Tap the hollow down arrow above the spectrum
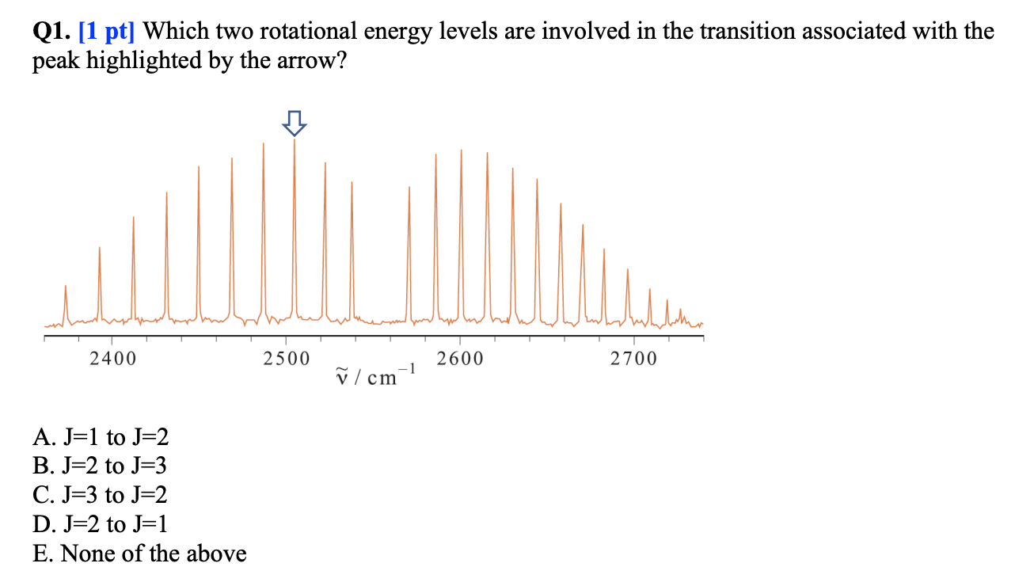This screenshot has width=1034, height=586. [295, 122]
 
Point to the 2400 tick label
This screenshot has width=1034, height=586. [112, 359]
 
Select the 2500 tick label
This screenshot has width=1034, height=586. [287, 359]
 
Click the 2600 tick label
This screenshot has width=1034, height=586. [460, 359]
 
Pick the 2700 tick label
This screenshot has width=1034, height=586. [633, 359]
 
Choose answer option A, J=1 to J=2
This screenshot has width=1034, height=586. [101, 437]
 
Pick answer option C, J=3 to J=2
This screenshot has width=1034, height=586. [101, 495]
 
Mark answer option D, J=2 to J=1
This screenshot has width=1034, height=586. [101, 524]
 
